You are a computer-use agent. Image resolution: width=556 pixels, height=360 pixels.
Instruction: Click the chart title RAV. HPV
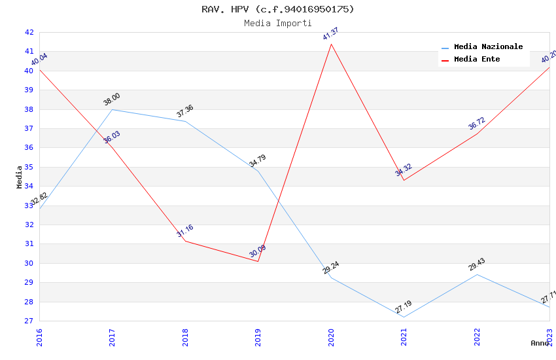click(278, 9)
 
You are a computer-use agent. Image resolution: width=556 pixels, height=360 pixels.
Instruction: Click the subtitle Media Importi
click(278, 23)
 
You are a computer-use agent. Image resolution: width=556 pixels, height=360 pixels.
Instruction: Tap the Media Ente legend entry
click(477, 60)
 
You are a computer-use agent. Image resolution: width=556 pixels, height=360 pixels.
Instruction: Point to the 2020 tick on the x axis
click(331, 337)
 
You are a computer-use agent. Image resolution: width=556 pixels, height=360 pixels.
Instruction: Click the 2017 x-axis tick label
click(113, 337)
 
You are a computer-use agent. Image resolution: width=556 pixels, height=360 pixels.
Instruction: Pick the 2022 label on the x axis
click(477, 337)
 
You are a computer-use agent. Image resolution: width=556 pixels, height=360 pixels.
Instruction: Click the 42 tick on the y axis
click(29, 32)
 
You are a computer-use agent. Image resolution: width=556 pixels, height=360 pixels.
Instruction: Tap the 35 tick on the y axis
click(29, 167)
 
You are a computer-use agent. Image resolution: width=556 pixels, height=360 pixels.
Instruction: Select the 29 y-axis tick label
click(29, 283)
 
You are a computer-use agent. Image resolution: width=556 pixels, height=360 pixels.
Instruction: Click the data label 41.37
click(331, 34)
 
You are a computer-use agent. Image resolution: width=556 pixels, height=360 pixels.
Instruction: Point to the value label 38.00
click(112, 99)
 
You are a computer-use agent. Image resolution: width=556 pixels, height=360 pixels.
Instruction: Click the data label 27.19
click(404, 307)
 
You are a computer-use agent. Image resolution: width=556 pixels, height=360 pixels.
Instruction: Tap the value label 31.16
click(185, 231)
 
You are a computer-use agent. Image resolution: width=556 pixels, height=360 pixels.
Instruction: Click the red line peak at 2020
click(331, 44)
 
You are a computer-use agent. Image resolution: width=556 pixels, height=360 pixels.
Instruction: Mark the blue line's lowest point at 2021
click(404, 317)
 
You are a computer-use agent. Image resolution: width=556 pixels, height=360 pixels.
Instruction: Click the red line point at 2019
click(258, 261)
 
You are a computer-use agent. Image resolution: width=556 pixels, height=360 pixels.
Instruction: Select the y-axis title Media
click(20, 177)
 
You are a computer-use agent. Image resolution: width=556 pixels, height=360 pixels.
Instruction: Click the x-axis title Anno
click(540, 343)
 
